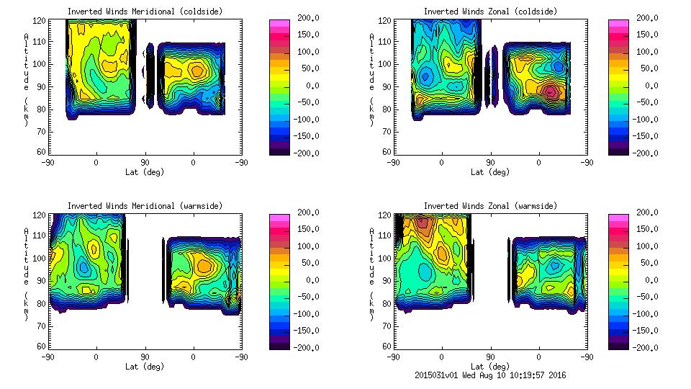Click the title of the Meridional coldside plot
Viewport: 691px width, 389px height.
click(x=144, y=12)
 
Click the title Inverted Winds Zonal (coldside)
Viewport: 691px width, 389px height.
click(x=489, y=12)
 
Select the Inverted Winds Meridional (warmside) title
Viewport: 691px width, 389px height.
click(x=145, y=206)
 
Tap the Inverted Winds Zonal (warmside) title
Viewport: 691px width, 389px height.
click(x=490, y=206)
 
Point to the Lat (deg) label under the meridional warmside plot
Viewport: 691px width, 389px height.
click(x=145, y=366)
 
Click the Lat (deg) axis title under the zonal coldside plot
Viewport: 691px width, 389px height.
click(x=490, y=171)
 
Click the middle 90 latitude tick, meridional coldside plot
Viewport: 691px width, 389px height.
click(x=145, y=163)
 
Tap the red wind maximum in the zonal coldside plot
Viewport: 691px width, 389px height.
click(x=551, y=92)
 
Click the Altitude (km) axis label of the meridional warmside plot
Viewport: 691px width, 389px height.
click(x=26, y=274)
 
